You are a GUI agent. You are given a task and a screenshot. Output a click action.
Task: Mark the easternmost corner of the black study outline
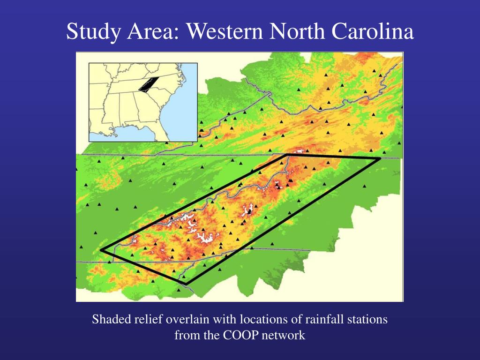tap(379, 159)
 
